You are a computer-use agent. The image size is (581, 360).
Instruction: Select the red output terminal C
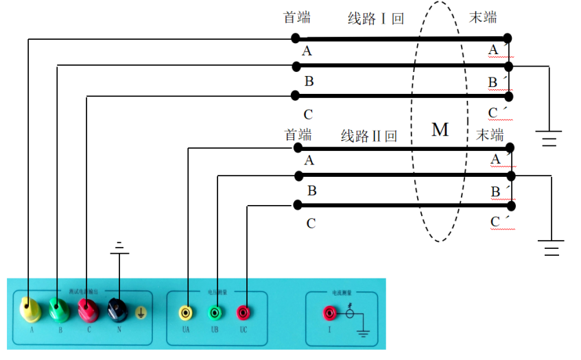click(87, 310)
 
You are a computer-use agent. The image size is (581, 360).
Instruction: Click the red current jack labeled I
click(329, 313)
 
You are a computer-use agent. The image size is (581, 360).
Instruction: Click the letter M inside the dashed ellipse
click(440, 130)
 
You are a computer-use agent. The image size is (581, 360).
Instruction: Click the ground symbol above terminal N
click(120, 247)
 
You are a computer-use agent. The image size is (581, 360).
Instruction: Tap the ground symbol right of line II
click(551, 248)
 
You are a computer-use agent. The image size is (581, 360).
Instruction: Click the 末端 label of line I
click(483, 17)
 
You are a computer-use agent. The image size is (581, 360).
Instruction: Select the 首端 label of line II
click(298, 134)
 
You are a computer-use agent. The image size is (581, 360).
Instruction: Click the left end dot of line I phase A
click(296, 38)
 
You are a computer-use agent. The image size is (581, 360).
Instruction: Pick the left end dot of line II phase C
click(297, 204)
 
